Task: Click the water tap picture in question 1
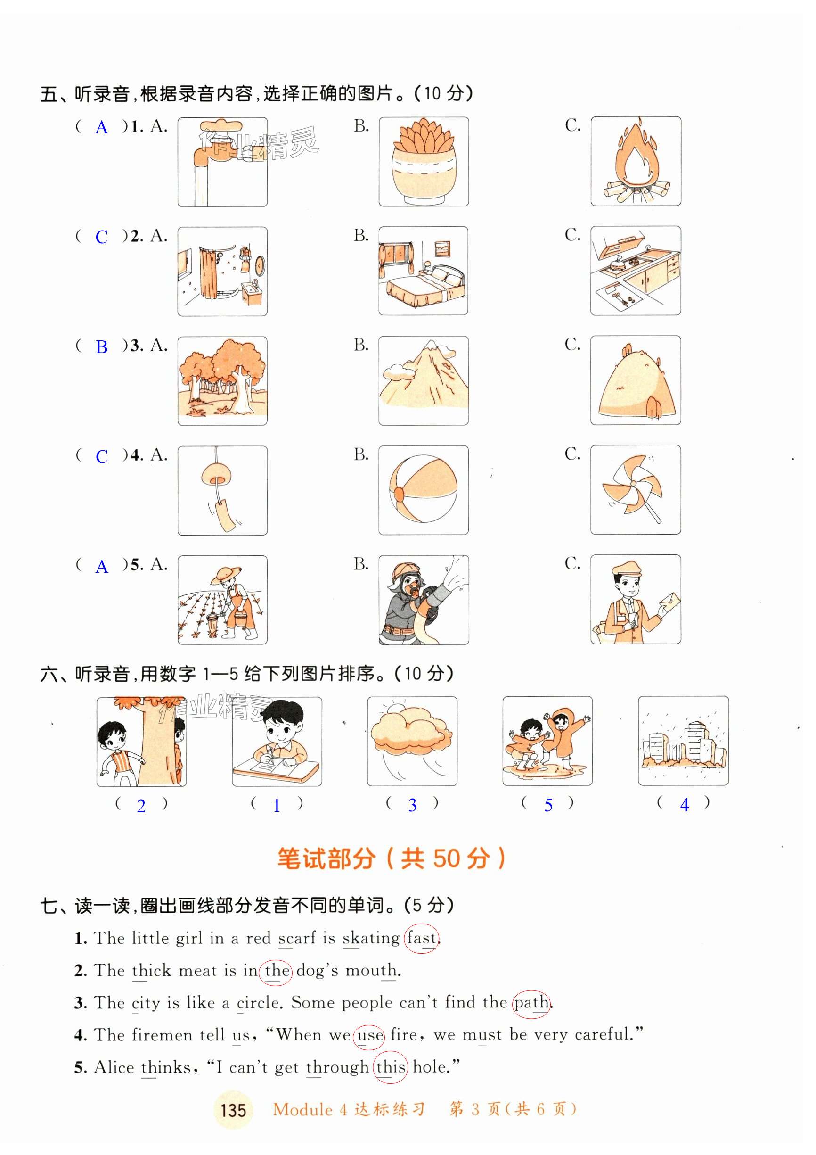point(222,162)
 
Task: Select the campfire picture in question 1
point(636,162)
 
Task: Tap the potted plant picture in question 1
point(424,162)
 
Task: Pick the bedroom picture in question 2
point(424,271)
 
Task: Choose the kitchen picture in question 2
point(636,271)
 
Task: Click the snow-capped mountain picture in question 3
point(424,381)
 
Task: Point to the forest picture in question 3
point(222,381)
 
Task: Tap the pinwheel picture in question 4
point(636,490)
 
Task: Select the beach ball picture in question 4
point(424,490)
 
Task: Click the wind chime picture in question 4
point(222,490)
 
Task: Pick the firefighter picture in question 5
point(424,600)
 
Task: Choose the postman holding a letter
point(636,600)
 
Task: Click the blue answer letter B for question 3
point(102,347)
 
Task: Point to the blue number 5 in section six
point(548,805)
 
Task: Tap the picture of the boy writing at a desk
point(277,742)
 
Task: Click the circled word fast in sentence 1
point(421,938)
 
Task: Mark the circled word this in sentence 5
point(391,1067)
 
